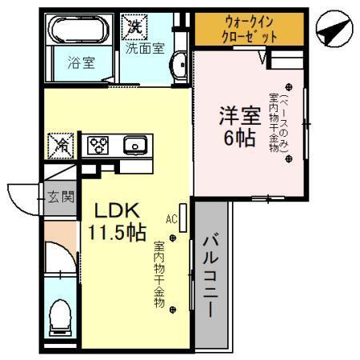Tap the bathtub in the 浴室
79,31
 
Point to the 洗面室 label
145,47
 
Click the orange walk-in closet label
250,30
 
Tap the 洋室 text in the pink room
239,114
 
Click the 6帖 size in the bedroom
239,138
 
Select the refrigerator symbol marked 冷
61,146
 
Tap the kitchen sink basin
133,146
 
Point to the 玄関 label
58,196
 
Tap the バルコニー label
211,274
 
